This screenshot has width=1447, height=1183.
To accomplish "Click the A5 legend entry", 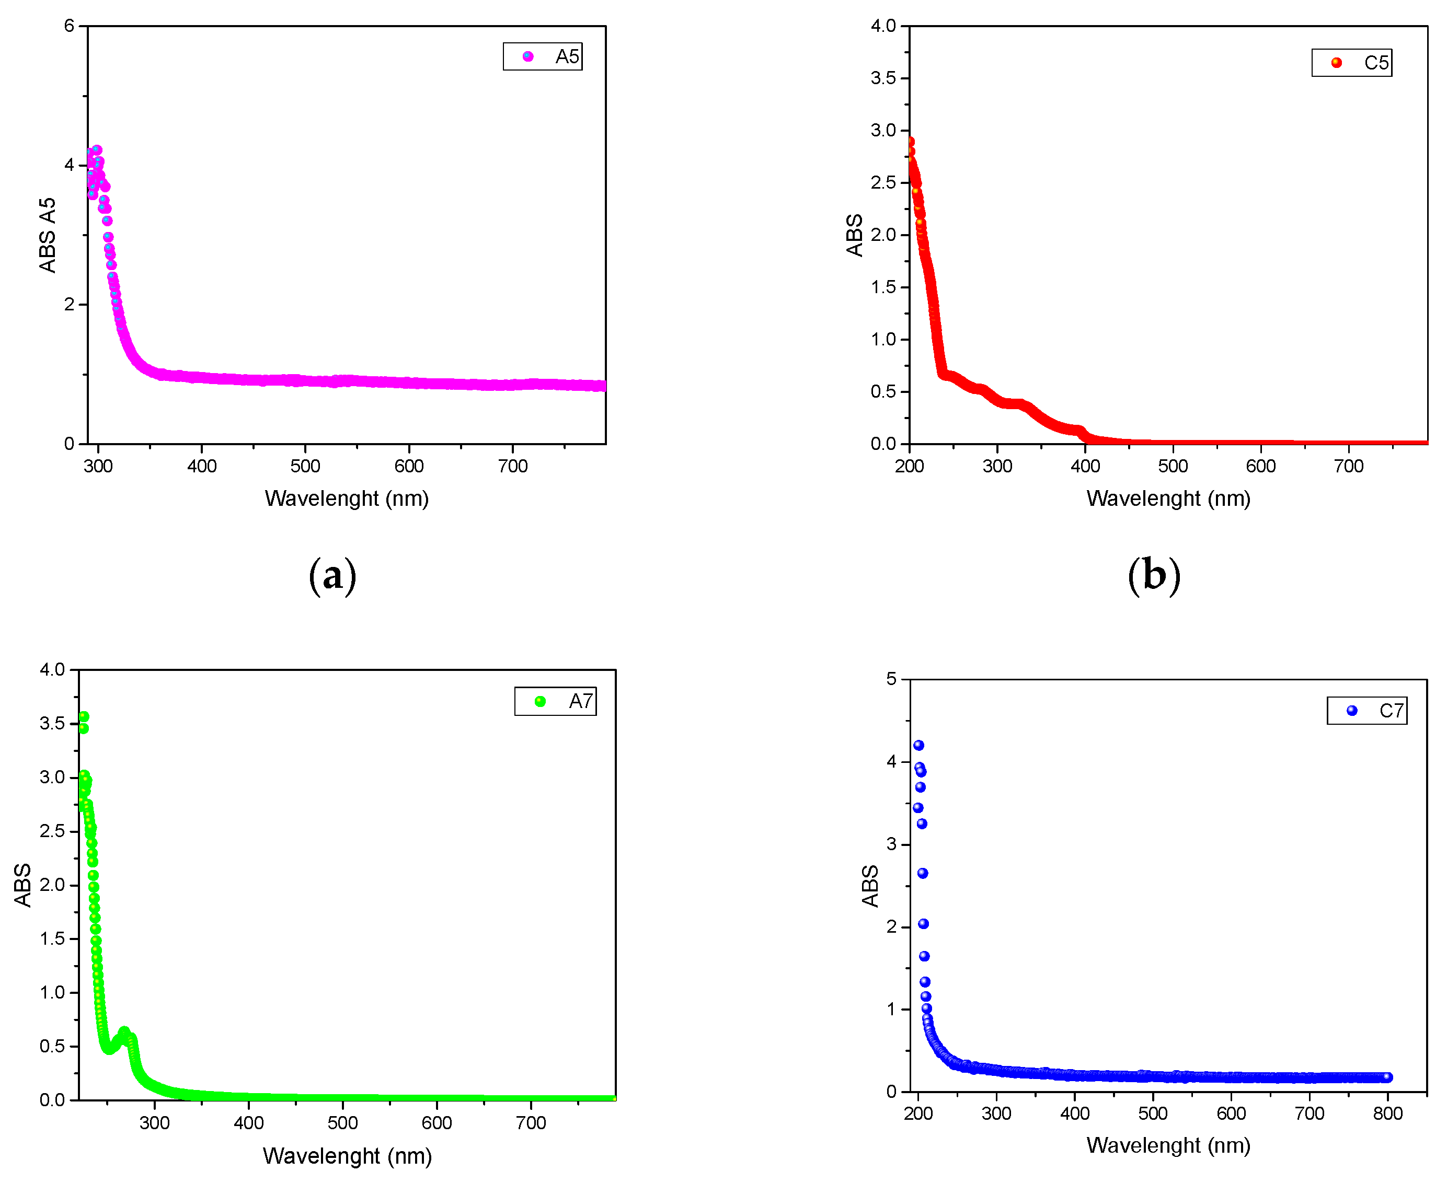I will point(543,56).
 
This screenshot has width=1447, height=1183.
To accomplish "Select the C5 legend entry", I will point(1351,63).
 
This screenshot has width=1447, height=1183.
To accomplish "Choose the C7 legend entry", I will point(1367,711).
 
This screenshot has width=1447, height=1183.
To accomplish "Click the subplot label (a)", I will point(332,576).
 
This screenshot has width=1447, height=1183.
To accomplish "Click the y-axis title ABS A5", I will point(47,235).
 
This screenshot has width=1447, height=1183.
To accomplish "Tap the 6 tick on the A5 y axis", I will point(69,26).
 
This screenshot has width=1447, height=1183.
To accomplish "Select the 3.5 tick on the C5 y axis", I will point(883,78).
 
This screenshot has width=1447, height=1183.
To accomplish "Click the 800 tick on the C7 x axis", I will point(1388,1114).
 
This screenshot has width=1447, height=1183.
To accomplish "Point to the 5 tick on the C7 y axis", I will point(891,679).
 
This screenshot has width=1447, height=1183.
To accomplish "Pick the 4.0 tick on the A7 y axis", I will point(52,669).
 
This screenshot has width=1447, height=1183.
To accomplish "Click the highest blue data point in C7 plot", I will point(919,746).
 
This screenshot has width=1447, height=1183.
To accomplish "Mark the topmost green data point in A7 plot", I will point(84,717).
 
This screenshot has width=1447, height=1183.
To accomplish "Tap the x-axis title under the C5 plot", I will point(1168,498).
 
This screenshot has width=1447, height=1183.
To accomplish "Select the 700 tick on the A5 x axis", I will point(512,466).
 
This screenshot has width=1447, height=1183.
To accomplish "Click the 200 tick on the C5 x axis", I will point(909,466).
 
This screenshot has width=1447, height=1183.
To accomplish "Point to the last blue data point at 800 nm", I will point(1387,1077).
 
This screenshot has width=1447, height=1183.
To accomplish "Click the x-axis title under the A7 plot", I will point(347,1156).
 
